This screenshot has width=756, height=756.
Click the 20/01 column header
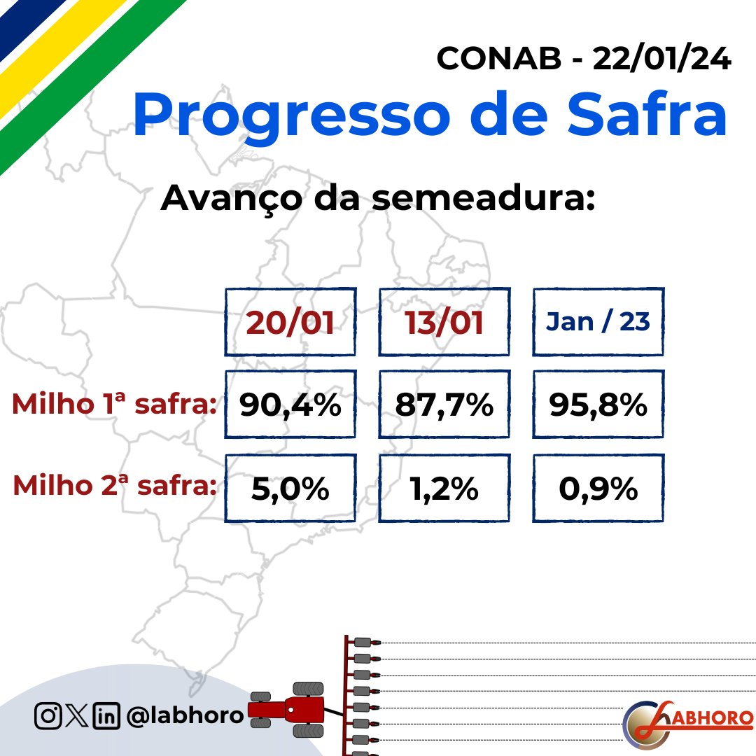pos(290,323)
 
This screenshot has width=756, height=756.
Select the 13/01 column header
pos(444,323)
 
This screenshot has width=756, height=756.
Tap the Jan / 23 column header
pos(598,321)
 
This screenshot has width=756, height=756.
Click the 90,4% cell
pos(290,405)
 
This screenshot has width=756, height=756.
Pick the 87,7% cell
pos(444,405)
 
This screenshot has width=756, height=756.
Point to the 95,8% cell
pos(598,405)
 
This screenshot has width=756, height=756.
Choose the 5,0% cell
pos(290,489)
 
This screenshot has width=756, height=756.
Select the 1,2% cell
pos(444,489)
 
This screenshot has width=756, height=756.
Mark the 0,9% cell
pos(598,489)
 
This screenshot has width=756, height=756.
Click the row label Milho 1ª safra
pos(113,405)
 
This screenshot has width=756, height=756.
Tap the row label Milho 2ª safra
pos(114,486)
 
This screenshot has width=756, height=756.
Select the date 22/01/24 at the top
pos(661,59)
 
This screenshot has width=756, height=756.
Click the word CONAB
pos(498,59)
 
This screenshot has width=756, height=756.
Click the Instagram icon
pos(48,715)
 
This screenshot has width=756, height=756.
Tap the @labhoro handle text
pos(185,715)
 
